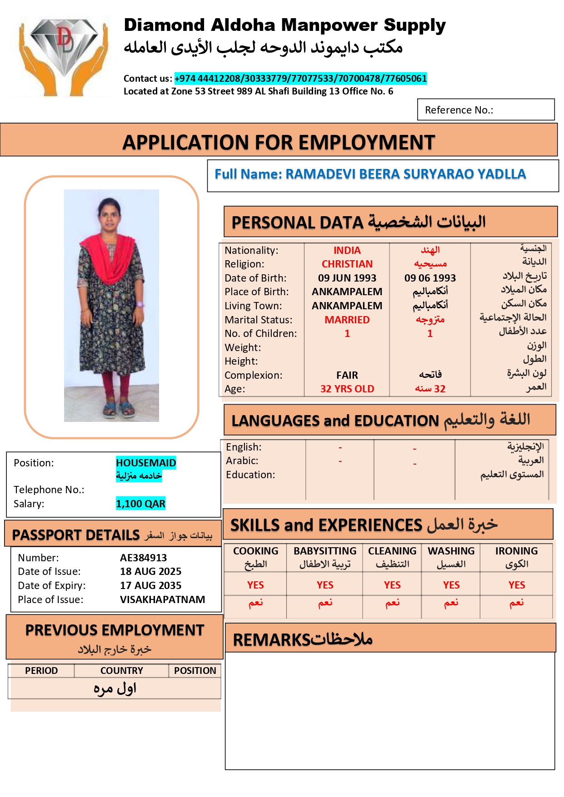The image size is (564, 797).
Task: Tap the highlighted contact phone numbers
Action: click(300, 79)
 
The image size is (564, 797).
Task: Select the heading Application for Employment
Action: click(279, 143)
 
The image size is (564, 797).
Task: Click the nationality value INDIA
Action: click(347, 251)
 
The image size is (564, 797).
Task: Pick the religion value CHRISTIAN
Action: click(347, 264)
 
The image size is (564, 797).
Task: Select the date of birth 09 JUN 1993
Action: click(347, 278)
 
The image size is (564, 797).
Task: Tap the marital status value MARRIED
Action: click(347, 320)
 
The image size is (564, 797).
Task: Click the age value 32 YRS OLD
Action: click(347, 389)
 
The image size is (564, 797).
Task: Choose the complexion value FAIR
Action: click(347, 375)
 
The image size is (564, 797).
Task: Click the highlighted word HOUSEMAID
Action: click(146, 463)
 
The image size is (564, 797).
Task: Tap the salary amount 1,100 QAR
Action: click(140, 504)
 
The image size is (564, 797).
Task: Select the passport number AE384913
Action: click(143, 558)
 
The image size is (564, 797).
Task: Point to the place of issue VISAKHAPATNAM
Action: click(162, 599)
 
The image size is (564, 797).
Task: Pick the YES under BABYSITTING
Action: click(325, 585)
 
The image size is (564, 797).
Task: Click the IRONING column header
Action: click(516, 551)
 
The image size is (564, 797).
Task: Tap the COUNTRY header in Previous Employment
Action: click(121, 671)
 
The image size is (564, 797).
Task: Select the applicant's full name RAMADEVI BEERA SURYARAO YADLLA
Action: click(405, 174)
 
